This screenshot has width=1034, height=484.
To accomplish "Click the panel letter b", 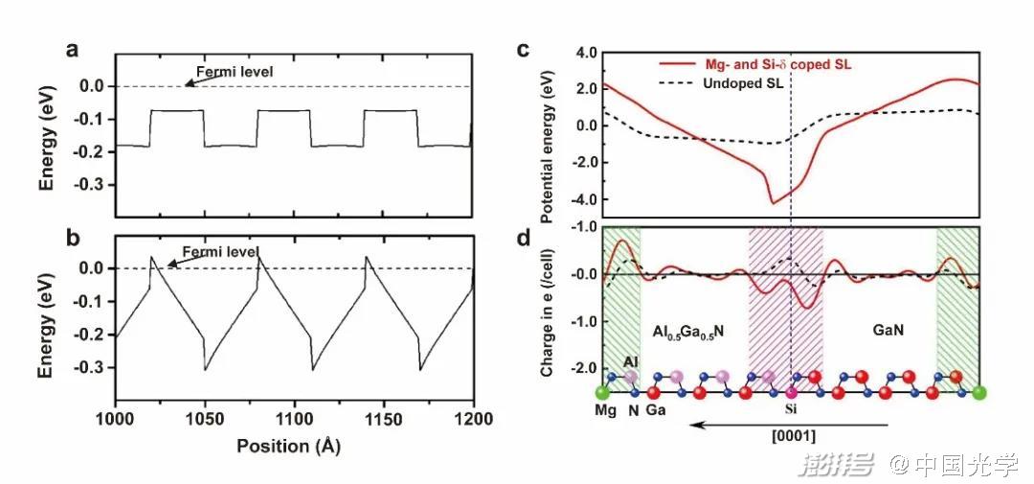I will [72, 234].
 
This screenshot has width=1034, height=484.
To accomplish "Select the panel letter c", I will [523, 50].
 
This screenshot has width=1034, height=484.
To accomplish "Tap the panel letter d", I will [523, 233].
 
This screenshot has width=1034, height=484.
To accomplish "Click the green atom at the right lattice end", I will [978, 392].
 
